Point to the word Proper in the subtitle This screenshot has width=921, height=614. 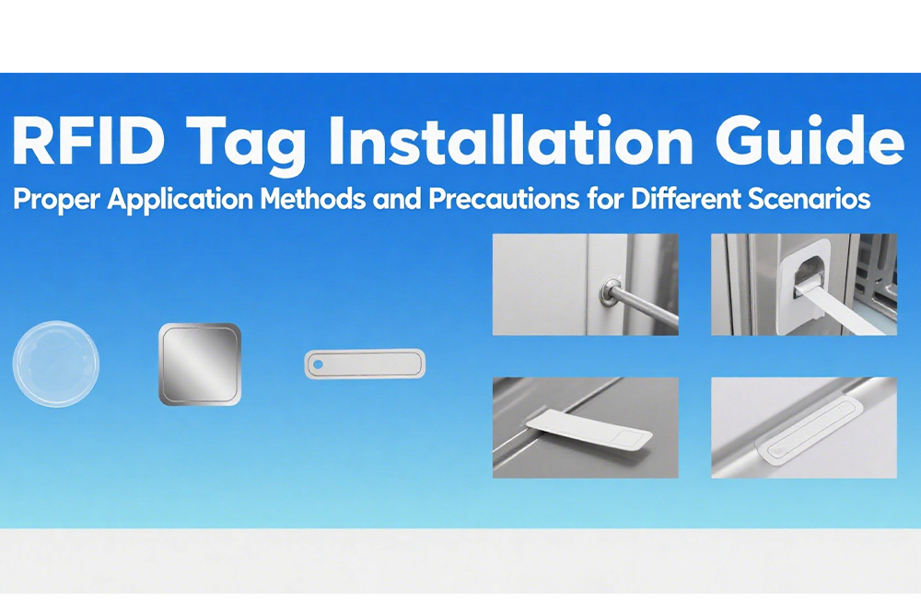[x=55, y=201]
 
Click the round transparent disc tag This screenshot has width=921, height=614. [x=55, y=364]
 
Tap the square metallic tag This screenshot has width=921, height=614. [x=200, y=365]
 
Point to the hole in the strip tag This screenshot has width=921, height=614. [x=319, y=364]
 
